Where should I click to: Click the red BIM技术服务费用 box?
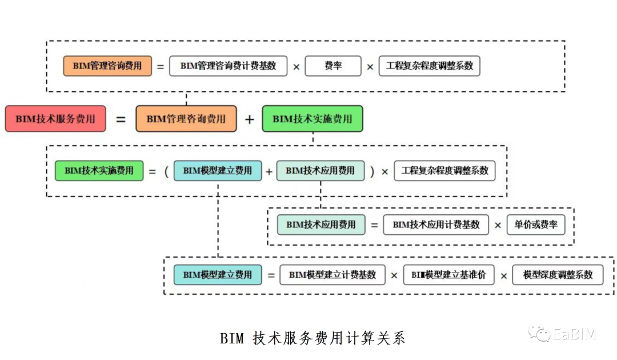[x=55, y=119]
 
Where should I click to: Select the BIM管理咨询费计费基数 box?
[x=229, y=66]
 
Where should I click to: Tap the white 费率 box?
[x=333, y=66]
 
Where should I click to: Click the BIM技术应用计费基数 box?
[x=436, y=225]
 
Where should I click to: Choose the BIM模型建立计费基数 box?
[x=332, y=275]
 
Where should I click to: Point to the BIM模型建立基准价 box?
[x=448, y=275]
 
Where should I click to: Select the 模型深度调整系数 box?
[x=558, y=275]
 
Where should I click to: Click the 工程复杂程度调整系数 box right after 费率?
[x=430, y=66]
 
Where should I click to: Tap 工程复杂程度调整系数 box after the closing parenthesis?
[x=445, y=170]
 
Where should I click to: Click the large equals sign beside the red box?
[x=121, y=119]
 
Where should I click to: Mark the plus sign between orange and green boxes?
[x=249, y=119]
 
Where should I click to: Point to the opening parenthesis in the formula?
[x=166, y=171]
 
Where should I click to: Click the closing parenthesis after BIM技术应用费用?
[x=372, y=171]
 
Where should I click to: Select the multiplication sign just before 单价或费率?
[x=498, y=225]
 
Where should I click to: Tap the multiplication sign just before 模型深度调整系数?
[x=504, y=275]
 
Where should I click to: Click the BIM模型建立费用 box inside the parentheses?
[x=217, y=170]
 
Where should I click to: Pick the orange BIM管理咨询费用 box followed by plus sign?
[x=186, y=119]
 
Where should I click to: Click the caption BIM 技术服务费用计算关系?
[x=312, y=338]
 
